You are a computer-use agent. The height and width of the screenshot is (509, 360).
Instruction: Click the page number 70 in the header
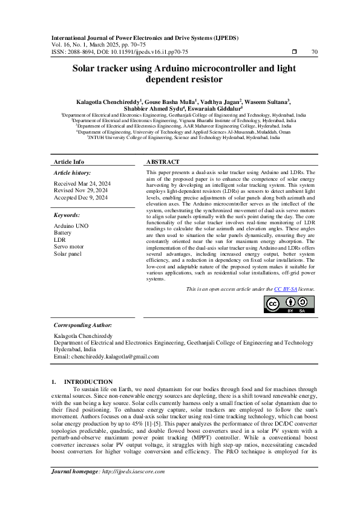[x=314, y=52]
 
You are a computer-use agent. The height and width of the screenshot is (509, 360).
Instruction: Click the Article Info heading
[x=69, y=163]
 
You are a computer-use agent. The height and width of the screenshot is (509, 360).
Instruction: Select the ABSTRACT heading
[x=163, y=163]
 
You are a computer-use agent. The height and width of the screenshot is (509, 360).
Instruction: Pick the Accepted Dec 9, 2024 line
[x=80, y=197]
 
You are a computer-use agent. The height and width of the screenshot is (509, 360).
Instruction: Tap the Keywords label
[x=67, y=215]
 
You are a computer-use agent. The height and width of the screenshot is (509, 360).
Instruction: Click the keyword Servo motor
[x=69, y=246]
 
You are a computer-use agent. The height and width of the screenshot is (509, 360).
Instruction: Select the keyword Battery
[x=62, y=232]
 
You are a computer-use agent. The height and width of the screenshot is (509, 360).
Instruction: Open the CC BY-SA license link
[x=285, y=290]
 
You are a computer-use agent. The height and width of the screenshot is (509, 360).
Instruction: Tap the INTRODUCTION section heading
[x=88, y=382]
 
